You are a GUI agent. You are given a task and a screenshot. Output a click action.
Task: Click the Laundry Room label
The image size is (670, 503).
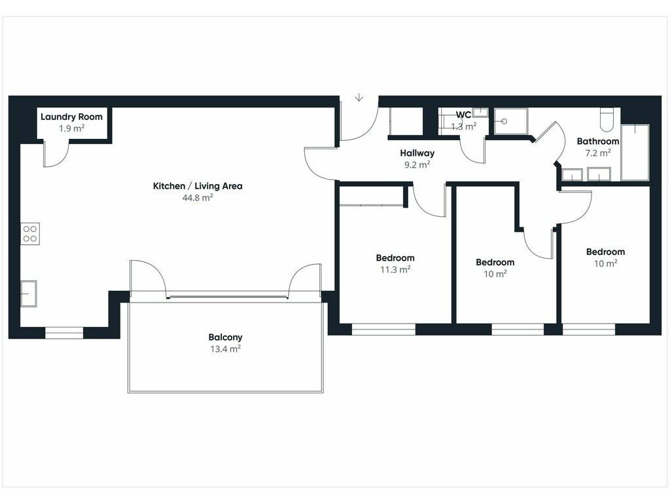click(71, 117)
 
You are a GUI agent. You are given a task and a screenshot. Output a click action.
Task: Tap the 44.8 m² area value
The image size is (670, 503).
click(198, 198)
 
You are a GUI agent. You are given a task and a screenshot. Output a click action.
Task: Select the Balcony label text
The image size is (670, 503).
click(225, 337)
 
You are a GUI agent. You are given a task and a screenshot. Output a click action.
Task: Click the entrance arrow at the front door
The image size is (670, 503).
click(359, 98)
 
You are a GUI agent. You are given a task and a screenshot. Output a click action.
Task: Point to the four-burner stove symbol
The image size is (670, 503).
click(30, 234)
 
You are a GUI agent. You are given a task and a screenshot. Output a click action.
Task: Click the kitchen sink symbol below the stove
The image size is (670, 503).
click(29, 293)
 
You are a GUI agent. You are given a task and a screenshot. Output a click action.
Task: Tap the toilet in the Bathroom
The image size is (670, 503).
click(607, 119)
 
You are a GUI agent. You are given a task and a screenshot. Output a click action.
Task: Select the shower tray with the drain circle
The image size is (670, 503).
click(511, 121)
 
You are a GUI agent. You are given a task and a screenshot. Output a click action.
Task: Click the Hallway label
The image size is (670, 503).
click(417, 153)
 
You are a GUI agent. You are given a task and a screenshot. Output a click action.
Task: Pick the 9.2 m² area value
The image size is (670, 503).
click(417, 164)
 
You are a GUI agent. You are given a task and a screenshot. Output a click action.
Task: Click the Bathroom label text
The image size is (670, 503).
click(598, 141)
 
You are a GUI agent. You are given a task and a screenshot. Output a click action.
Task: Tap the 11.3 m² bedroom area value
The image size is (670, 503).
click(395, 269)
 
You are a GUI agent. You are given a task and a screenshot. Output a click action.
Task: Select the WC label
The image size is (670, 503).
click(463, 115)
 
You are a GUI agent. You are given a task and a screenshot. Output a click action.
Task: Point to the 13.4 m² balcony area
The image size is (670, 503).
click(225, 349)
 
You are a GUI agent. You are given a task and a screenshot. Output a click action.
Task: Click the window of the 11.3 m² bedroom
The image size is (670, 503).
click(383, 329)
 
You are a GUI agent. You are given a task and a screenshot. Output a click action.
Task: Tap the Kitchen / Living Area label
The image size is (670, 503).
click(198, 186)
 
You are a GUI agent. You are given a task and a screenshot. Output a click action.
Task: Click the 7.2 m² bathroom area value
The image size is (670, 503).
click(598, 153)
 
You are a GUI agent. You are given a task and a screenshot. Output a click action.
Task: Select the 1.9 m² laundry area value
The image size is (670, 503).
click(71, 128)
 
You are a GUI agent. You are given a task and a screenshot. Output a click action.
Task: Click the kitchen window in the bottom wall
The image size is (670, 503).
click(64, 333)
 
